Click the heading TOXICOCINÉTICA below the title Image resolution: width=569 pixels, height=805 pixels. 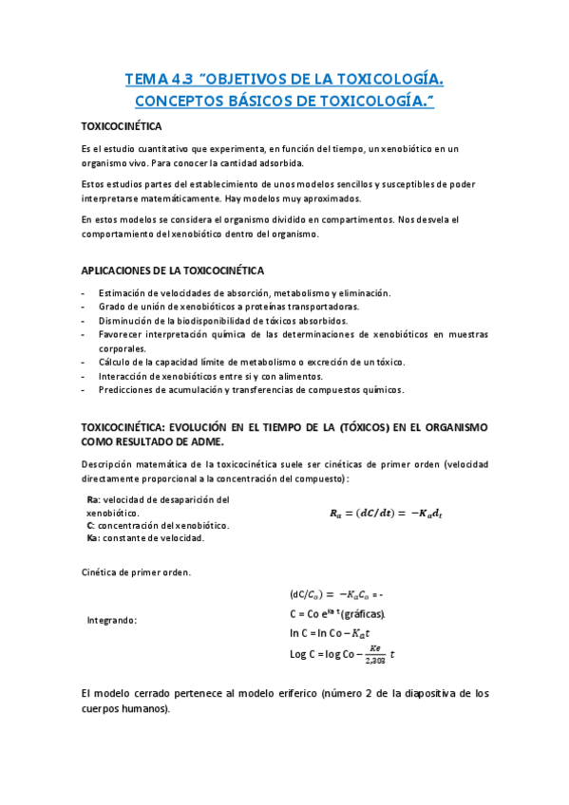pos(122,125)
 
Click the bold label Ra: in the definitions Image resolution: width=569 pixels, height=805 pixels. pos(92,500)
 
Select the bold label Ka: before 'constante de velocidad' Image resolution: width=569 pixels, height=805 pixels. pos(93,538)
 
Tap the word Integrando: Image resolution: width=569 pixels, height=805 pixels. pos(112,620)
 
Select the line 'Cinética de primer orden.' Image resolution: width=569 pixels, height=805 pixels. pos(137,572)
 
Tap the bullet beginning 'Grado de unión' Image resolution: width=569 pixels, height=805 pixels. pos(228,307)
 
